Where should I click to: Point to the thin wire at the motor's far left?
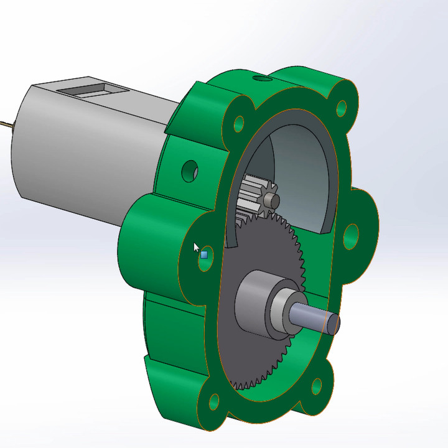[5, 123]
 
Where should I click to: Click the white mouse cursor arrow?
[197, 247]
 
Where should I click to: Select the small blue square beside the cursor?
[204, 254]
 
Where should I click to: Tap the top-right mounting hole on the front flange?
[341, 108]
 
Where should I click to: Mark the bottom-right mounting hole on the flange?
[317, 386]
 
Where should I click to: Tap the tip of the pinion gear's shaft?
[271, 200]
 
